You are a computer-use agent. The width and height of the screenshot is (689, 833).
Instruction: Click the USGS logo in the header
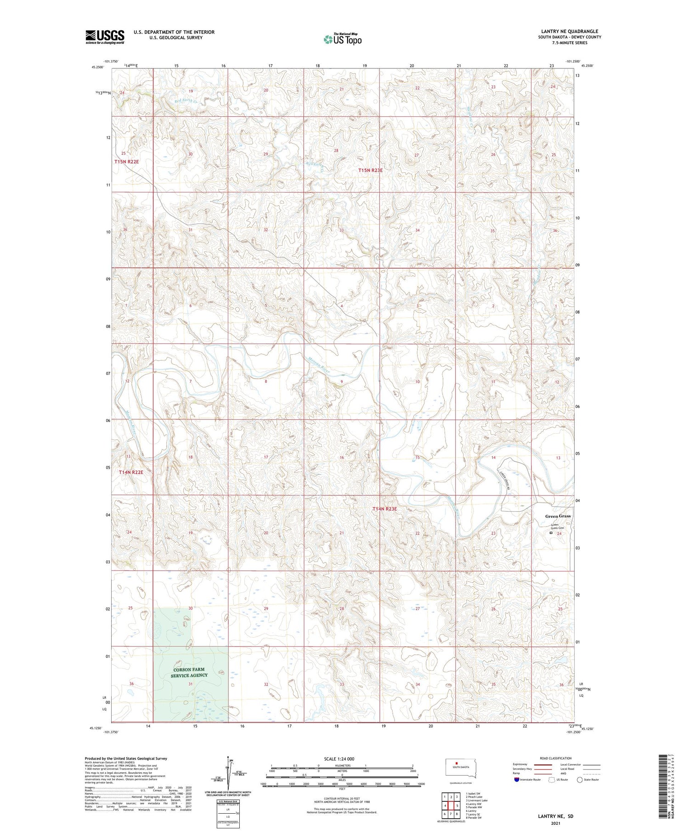105,37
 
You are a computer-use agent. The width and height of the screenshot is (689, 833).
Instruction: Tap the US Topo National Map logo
342,39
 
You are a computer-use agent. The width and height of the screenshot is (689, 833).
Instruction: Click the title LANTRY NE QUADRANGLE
569,31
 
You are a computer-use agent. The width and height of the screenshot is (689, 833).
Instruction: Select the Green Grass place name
558,516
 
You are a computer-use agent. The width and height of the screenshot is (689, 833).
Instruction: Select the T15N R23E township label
370,170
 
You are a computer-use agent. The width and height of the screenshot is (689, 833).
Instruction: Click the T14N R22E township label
131,472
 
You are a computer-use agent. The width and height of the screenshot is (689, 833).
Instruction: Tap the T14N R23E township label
384,509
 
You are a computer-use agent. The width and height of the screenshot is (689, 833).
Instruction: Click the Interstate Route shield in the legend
517,780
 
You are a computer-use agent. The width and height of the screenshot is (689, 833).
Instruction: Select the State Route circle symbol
580,780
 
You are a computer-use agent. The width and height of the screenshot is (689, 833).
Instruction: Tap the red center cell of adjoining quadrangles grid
451,805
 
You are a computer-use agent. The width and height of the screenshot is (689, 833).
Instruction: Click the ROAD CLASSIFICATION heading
556,758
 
